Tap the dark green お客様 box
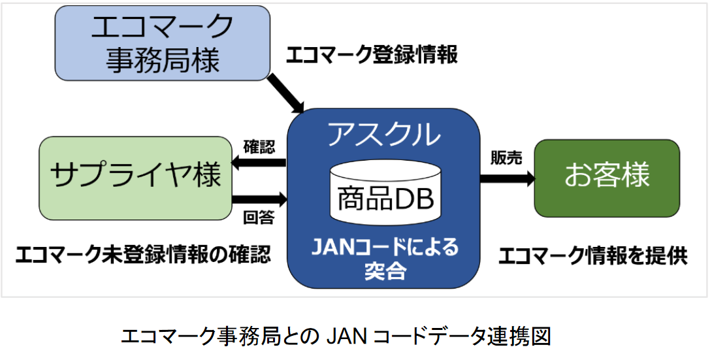click(x=607, y=178)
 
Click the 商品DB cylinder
click(x=385, y=189)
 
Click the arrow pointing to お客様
click(x=507, y=178)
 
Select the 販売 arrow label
click(x=506, y=158)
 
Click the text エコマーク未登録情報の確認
click(x=143, y=254)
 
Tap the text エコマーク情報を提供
click(x=593, y=255)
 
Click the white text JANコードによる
click(x=385, y=248)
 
